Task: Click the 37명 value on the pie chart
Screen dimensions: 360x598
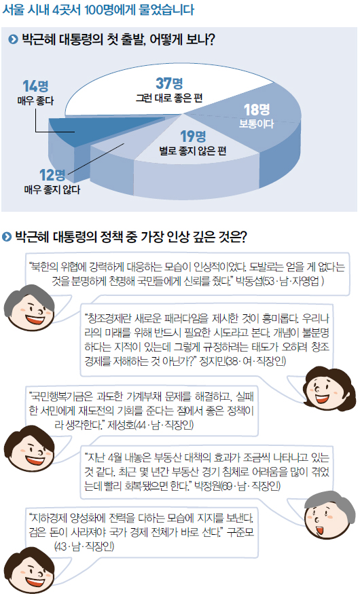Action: click(x=169, y=83)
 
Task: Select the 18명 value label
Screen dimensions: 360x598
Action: click(x=257, y=110)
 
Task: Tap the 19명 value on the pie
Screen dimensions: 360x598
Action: click(x=193, y=136)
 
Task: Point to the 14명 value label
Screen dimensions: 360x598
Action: click(x=35, y=86)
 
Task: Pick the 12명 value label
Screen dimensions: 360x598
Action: click(x=52, y=175)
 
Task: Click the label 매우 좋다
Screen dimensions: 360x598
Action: click(x=35, y=101)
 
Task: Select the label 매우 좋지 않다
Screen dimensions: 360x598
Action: click(x=52, y=189)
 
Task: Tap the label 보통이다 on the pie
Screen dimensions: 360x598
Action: click(x=257, y=124)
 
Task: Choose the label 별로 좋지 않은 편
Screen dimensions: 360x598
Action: click(x=193, y=151)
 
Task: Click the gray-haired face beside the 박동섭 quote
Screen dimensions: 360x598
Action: click(x=29, y=307)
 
